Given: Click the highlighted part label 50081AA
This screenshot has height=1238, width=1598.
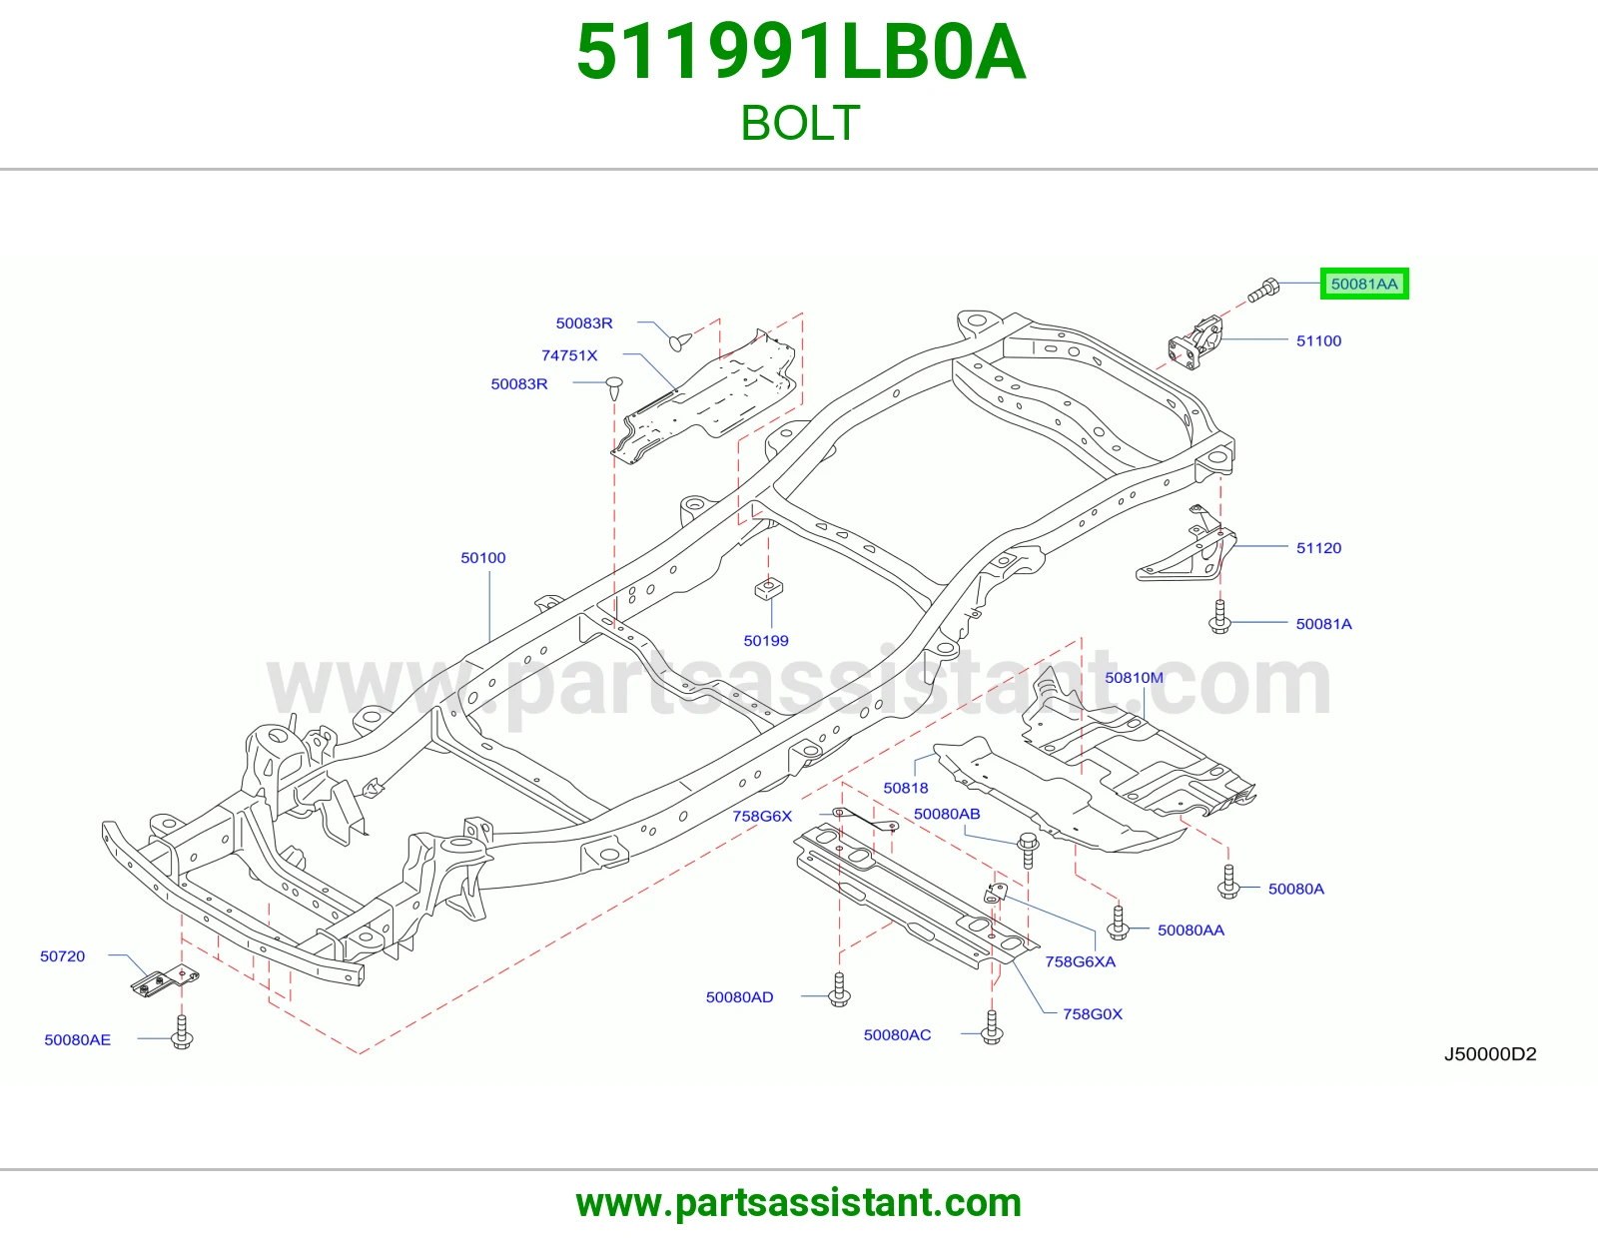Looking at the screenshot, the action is [1364, 284].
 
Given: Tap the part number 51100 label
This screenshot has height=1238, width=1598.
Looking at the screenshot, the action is [1318, 341].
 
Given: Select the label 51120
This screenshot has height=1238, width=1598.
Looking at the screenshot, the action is [1318, 548].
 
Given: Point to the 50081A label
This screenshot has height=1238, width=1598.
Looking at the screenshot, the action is [1323, 624].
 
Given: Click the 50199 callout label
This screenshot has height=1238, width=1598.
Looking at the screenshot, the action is [765, 641].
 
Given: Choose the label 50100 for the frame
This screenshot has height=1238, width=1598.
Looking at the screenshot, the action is [483, 558].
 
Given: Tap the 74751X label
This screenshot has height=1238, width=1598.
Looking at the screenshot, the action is [569, 355].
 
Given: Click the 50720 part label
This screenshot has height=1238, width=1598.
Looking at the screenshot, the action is [63, 956].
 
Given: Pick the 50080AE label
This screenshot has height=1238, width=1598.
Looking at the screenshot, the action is [77, 1040].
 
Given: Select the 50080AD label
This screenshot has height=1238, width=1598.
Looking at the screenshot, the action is [739, 997].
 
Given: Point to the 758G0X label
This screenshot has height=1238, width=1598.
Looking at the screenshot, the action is [1092, 1014].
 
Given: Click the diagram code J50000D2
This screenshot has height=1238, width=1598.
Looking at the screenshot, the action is [1490, 1054].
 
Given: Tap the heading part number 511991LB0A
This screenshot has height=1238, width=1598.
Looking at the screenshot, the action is [800, 52].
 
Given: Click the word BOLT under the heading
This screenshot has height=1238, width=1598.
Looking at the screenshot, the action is [800, 123].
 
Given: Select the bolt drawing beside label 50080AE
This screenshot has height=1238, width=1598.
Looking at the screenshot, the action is [182, 1031].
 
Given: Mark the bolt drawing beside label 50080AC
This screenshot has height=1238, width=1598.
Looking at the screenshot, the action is [992, 1027].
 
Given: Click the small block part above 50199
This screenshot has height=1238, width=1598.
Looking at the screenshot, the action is [768, 588].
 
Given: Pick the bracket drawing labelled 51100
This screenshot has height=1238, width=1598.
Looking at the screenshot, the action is [1196, 342].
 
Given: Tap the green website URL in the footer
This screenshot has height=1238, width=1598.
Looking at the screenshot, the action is [799, 1203].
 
